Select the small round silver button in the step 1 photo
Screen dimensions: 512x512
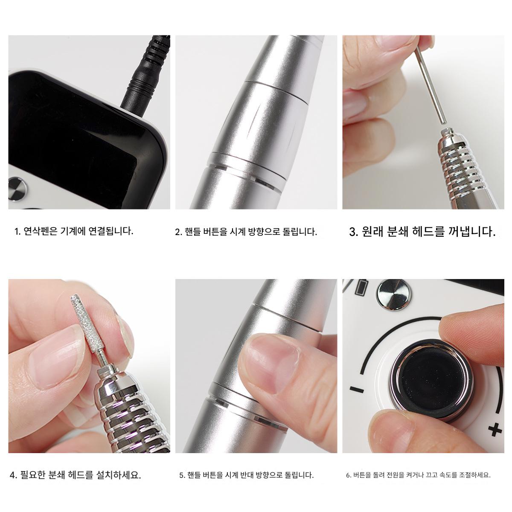pos(17,189)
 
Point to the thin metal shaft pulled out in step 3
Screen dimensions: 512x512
pos(431,85)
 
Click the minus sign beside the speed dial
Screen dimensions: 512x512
pos(357,390)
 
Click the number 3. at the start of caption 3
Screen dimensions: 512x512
pos(354,232)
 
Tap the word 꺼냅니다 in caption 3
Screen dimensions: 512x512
pos(472,231)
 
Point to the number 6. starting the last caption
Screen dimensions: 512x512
pos(349,475)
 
